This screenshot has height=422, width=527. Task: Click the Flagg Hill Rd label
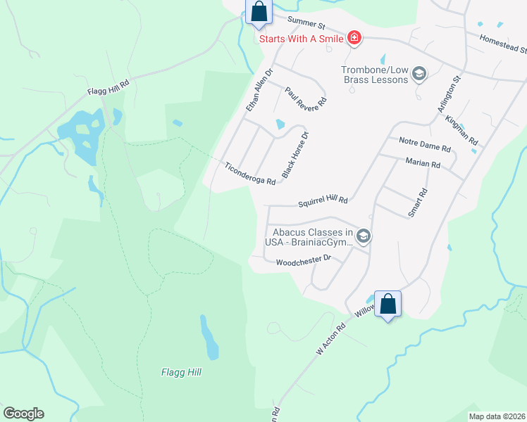coord(109,87)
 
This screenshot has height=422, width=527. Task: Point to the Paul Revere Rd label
coord(306,97)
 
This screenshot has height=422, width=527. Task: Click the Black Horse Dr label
coord(295,154)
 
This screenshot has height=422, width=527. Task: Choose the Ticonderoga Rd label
coord(250,173)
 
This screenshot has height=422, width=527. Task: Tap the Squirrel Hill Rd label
coord(323,200)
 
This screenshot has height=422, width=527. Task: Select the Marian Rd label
coord(423,164)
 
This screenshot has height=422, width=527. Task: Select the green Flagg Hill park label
coord(182,372)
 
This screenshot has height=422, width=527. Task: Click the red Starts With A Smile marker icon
coord(354,39)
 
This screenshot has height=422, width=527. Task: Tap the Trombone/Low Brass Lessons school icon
coord(419,74)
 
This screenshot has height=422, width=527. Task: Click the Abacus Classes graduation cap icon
coord(364,236)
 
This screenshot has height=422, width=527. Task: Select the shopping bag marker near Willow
coord(387,304)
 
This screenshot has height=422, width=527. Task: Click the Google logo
coord(23,414)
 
